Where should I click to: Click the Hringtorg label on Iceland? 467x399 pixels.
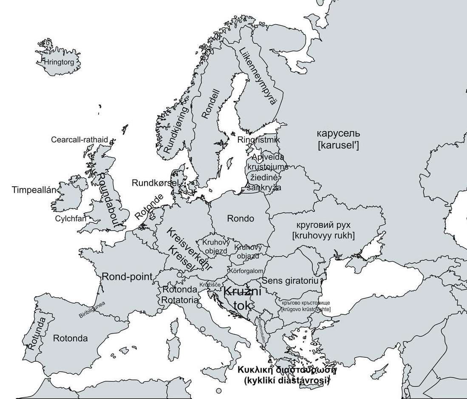click(59, 62)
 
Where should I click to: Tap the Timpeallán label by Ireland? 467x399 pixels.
click(34, 189)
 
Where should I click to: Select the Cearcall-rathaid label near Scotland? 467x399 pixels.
click(79, 140)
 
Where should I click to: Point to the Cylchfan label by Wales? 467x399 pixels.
click(71, 219)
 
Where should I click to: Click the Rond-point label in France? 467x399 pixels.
click(127, 276)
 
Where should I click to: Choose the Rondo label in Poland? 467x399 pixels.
click(241, 219)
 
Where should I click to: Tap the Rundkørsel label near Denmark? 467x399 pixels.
click(156, 183)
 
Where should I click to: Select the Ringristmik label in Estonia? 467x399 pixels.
click(258, 140)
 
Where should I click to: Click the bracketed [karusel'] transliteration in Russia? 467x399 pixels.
click(338, 145)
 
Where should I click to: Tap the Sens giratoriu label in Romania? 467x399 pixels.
click(290, 281)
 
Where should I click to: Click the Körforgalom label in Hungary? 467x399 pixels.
click(246, 271)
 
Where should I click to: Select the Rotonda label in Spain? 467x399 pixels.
click(71, 339)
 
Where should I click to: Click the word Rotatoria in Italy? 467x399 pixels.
click(180, 300)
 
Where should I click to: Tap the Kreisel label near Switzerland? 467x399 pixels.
click(181, 259)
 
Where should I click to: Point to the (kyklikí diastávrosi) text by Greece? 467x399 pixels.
click(287, 381)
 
